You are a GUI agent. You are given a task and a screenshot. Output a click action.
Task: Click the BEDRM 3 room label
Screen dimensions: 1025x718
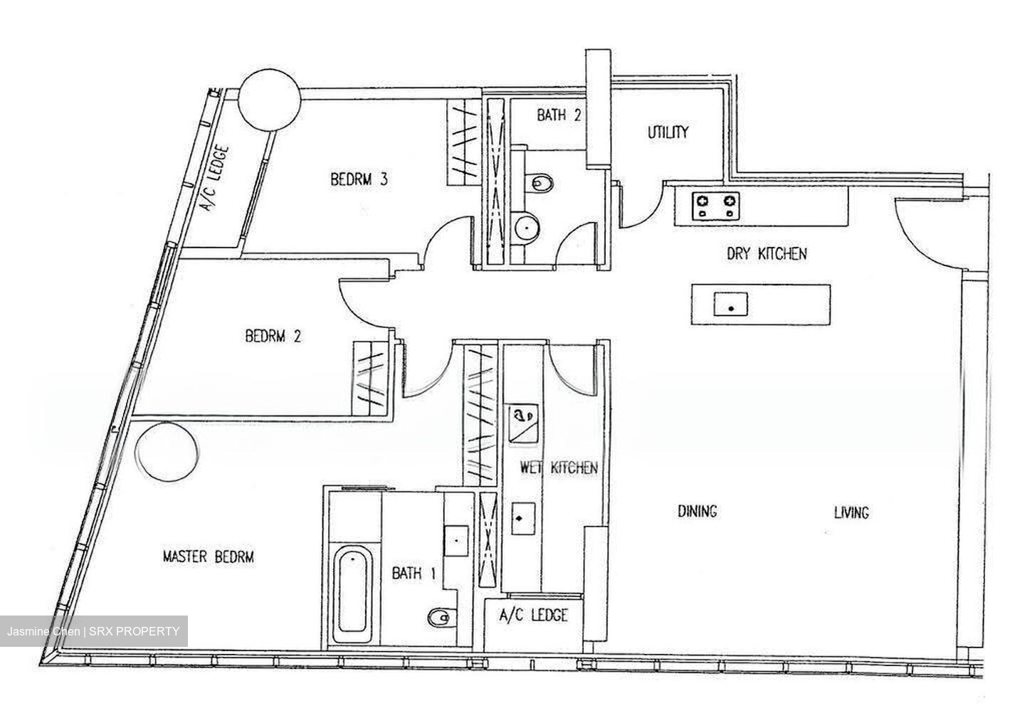pyautogui.click(x=359, y=179)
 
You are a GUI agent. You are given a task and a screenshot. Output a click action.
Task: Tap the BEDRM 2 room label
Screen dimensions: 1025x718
pyautogui.click(x=273, y=337)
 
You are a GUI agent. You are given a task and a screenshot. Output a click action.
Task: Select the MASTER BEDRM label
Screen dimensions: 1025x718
pyautogui.click(x=208, y=557)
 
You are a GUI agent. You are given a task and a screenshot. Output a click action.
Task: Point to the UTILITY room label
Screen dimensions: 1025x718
pyautogui.click(x=668, y=132)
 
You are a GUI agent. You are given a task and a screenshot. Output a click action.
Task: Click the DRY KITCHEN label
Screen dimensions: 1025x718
pyautogui.click(x=767, y=254)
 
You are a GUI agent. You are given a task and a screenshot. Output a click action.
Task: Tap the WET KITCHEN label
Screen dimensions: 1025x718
pyautogui.click(x=559, y=468)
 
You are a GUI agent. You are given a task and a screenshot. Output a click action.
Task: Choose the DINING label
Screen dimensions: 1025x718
pyautogui.click(x=698, y=512)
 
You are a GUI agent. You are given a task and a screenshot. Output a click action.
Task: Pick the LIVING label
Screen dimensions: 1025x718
pyautogui.click(x=851, y=512)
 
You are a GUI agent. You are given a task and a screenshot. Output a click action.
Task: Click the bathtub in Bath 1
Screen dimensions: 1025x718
pyautogui.click(x=352, y=593)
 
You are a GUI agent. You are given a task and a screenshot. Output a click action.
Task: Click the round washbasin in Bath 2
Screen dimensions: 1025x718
pyautogui.click(x=527, y=227)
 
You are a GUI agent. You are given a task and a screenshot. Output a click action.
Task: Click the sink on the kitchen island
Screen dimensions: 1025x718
pyautogui.click(x=731, y=305)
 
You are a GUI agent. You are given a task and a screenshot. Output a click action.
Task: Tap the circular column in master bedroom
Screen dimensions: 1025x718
pyautogui.click(x=168, y=452)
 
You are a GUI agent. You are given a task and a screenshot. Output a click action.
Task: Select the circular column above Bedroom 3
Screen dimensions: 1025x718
pyautogui.click(x=270, y=100)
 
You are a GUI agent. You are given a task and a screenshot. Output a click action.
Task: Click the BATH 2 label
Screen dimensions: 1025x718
pyautogui.click(x=559, y=115)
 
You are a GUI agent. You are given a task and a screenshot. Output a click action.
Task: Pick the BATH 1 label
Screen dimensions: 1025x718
pyautogui.click(x=414, y=573)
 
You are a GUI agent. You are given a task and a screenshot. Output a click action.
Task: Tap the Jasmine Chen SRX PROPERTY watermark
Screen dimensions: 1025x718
pyautogui.click(x=93, y=632)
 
